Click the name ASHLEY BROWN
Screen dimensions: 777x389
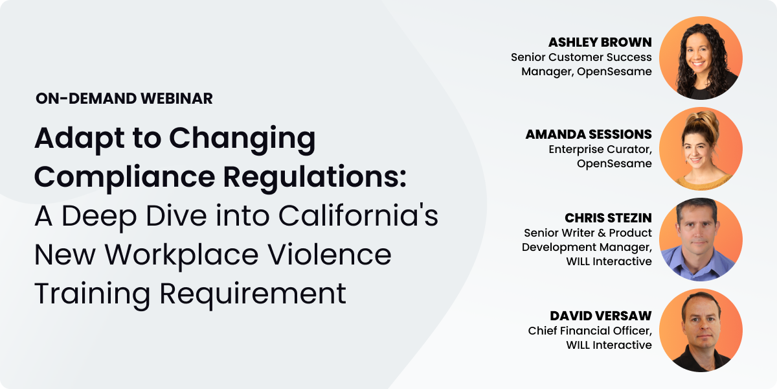600,42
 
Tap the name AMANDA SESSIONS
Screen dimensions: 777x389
589,134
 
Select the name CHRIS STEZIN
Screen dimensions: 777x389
609,218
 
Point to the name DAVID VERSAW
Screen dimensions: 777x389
601,316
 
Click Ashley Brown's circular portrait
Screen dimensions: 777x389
701,58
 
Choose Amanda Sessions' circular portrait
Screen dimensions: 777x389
701,148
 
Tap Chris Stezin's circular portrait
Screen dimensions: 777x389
701,239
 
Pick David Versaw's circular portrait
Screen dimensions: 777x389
701,330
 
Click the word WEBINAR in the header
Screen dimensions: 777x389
177,99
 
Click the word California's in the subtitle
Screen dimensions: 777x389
358,216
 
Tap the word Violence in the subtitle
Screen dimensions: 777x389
330,255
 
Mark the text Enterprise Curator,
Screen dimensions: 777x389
600,149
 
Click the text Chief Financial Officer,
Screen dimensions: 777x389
590,331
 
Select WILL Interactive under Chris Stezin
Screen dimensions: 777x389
609,261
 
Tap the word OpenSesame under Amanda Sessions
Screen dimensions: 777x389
614,163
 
